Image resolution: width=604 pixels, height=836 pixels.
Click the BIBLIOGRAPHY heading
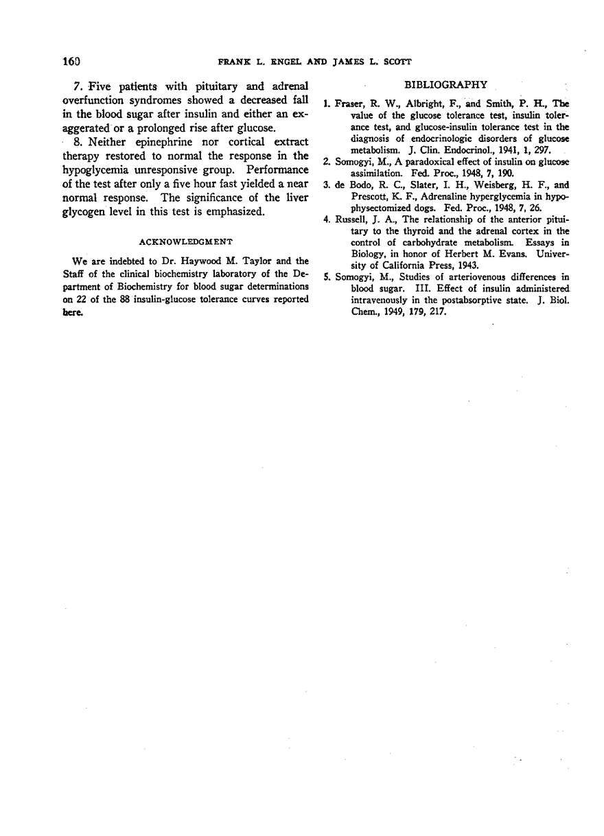pos(445,85)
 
